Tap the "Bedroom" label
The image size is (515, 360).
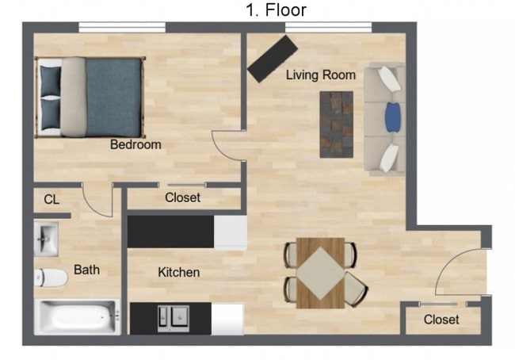click(x=135, y=145)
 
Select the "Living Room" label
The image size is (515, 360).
click(x=320, y=75)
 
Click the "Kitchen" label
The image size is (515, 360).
click(x=179, y=272)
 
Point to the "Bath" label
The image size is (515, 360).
click(x=86, y=270)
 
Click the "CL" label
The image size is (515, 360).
click(x=51, y=200)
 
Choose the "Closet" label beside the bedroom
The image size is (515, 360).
click(x=182, y=197)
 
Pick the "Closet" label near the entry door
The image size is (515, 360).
click(x=441, y=320)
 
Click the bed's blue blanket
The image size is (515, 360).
click(x=113, y=97)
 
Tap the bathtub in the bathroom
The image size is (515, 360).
click(x=77, y=318)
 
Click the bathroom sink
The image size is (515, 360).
click(x=46, y=237)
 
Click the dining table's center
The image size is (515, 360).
click(x=320, y=271)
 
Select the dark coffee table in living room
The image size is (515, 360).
click(x=336, y=124)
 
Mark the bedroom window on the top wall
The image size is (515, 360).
click(x=122, y=28)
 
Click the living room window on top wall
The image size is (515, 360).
click(x=328, y=28)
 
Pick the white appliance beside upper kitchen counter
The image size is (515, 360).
click(x=231, y=232)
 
